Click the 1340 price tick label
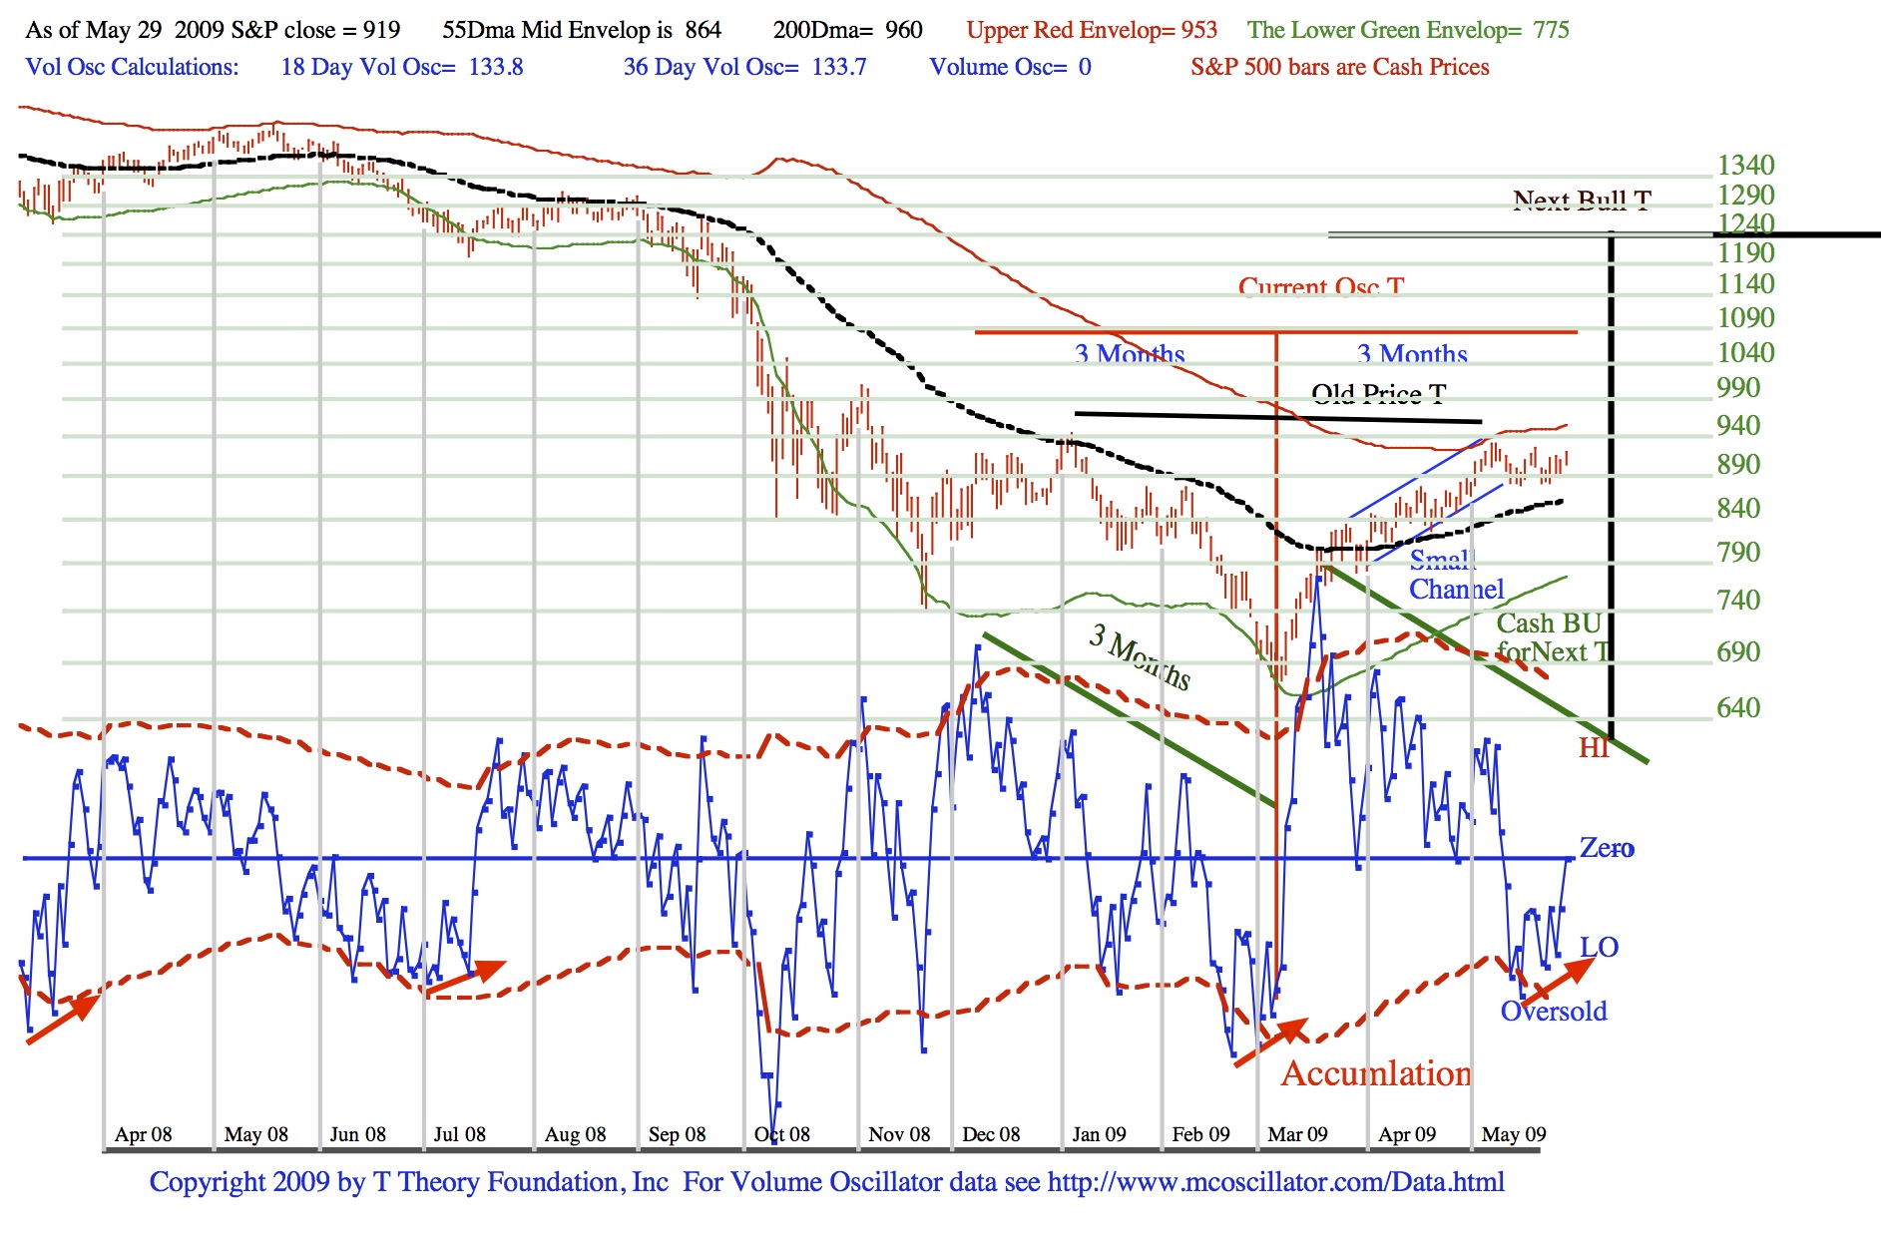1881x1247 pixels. pos(1744,165)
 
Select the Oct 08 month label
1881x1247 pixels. pos(782,1134)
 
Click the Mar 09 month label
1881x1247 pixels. pos(1297,1134)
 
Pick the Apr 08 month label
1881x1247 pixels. pos(143,1134)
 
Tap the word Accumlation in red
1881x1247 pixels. pos(1376,1073)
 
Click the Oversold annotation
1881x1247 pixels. pos(1554,1011)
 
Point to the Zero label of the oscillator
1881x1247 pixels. pos(1607,848)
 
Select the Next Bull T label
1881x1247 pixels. pos(1582,201)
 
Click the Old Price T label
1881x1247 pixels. pos(1378,394)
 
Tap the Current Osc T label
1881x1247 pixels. pos(1321,287)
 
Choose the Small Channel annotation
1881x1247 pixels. pos(1455,575)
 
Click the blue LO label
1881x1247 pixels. pos(1599,946)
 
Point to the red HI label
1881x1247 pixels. pos(1594,748)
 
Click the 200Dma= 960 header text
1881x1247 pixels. pos(847,30)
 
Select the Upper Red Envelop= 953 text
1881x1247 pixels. pos(1092,30)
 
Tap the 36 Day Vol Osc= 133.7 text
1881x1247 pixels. pos(744,67)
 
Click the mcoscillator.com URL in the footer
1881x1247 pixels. pos(1275,1182)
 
